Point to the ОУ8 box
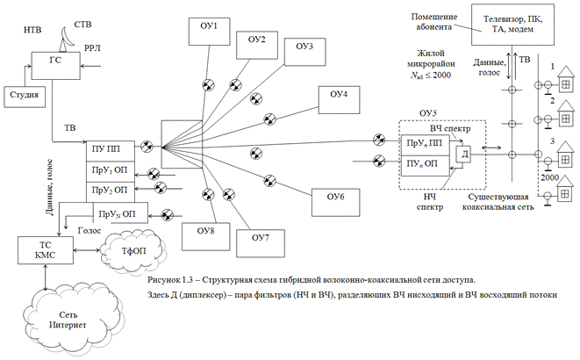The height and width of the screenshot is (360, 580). pos(205,233)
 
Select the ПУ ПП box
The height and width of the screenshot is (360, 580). pos(111,149)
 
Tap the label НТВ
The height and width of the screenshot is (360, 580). pos(29,31)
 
